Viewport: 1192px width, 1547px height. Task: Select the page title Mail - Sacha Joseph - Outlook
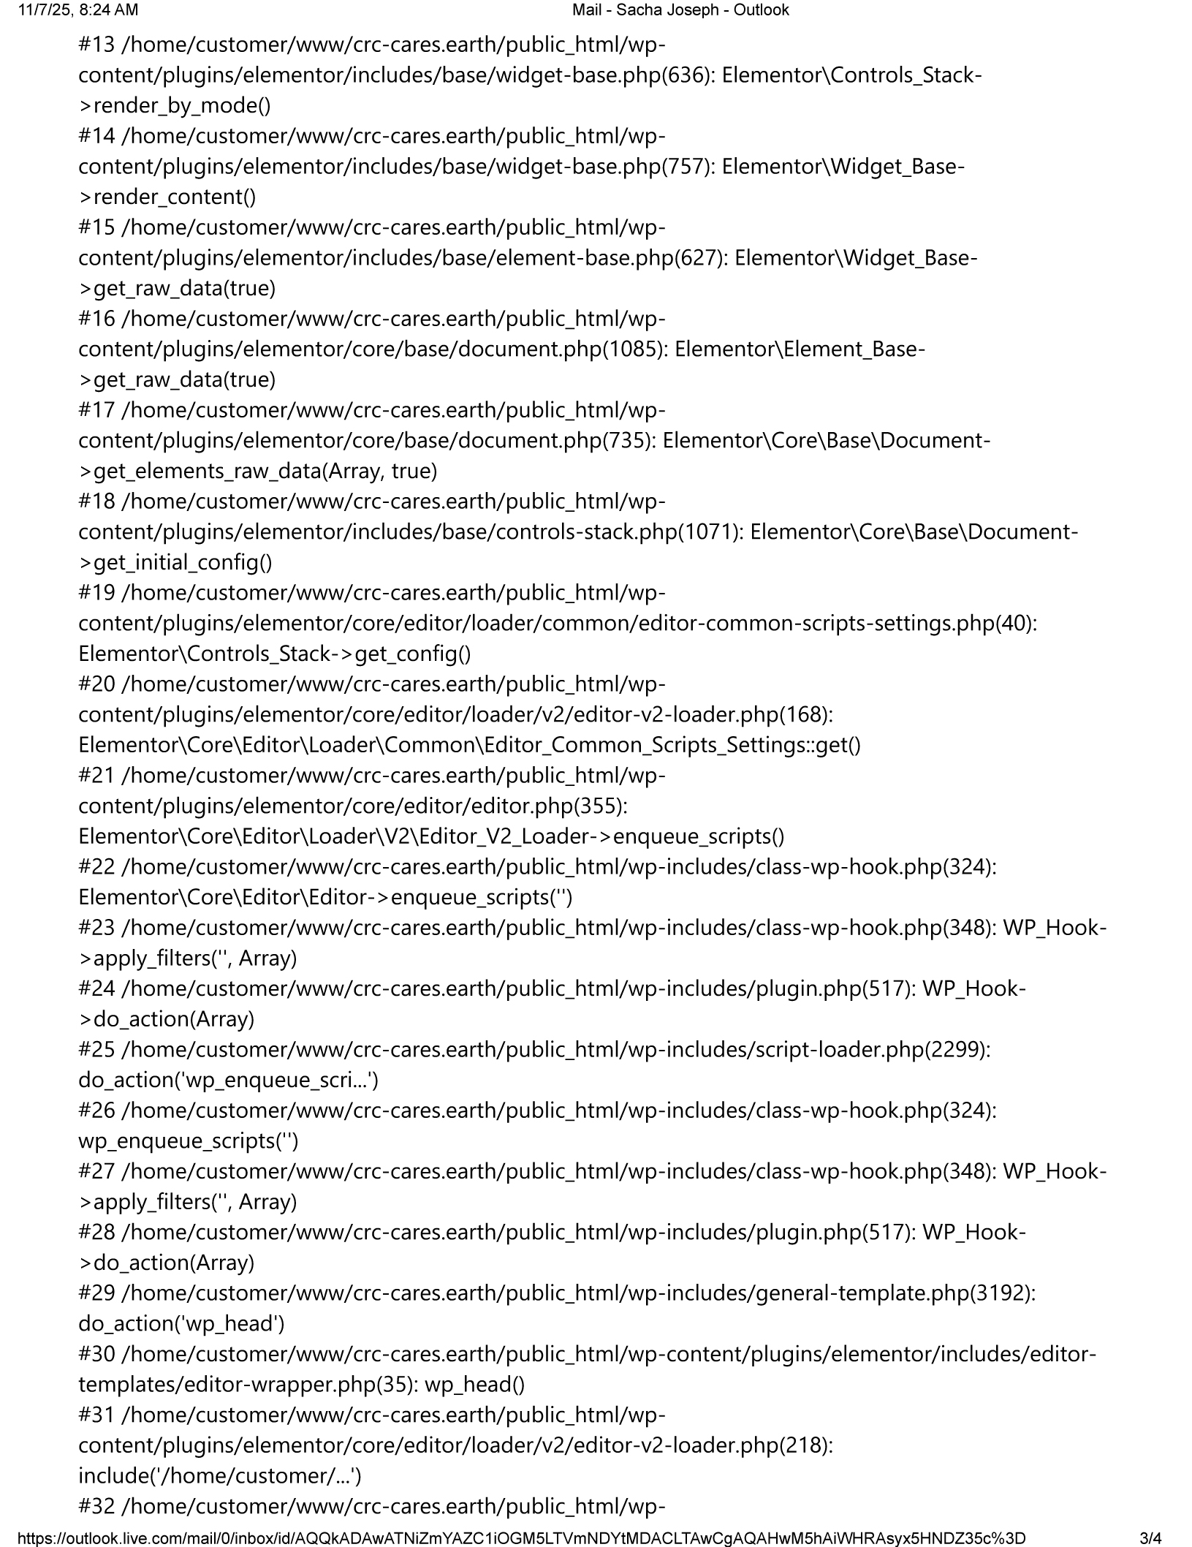[x=680, y=10]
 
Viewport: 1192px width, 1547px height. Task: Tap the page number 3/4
[x=1150, y=1536]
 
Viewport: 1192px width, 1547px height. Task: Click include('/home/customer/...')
[x=220, y=1476]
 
